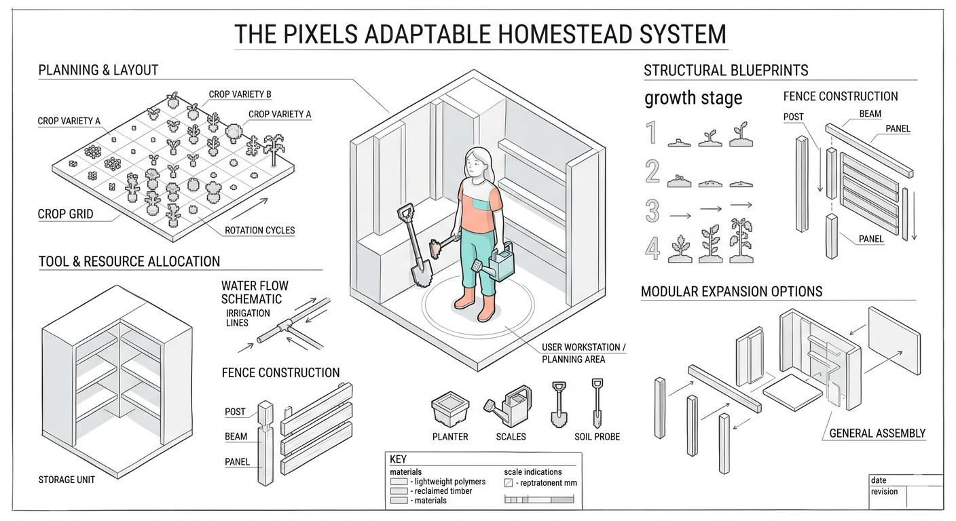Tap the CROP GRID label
(66, 214)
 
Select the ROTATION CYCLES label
(260, 230)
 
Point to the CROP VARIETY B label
(240, 94)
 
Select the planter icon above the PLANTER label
(450, 410)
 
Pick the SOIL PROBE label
(597, 437)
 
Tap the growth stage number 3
(652, 211)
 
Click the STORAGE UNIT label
(67, 480)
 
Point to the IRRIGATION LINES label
(247, 317)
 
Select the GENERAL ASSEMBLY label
(877, 433)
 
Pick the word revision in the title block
(884, 492)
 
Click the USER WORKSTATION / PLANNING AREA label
(583, 353)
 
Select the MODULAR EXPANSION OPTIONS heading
(731, 292)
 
